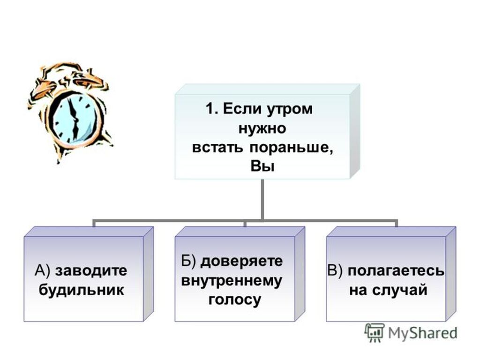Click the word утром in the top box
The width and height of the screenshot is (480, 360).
pyautogui.click(x=289, y=110)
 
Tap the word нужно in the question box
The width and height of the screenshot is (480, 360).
pyautogui.click(x=262, y=128)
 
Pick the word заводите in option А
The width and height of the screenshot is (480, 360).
pyautogui.click(x=91, y=270)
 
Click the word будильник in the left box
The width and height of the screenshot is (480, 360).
pyautogui.click(x=82, y=289)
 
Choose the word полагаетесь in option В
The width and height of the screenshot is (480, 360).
pyautogui.click(x=396, y=271)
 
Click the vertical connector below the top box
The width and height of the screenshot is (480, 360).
pyautogui.click(x=262, y=199)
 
